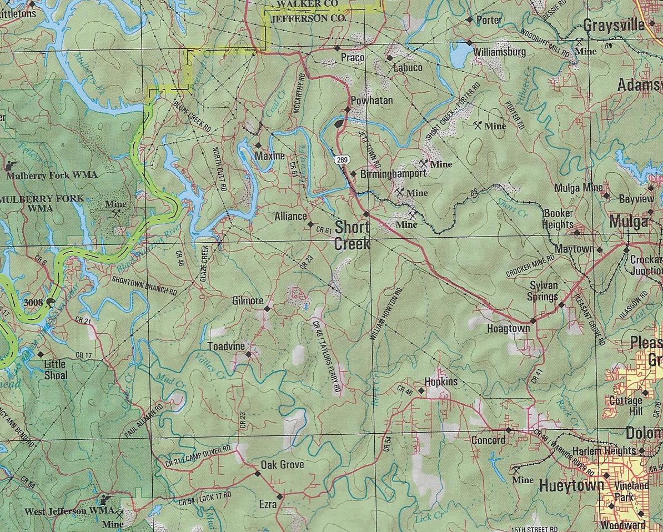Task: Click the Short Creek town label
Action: (351, 235)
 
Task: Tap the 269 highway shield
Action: (343, 160)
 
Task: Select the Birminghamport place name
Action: (393, 173)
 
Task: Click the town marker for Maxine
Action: (258, 145)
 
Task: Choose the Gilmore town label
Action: (247, 300)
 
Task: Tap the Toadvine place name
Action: (225, 347)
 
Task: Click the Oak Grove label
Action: (282, 464)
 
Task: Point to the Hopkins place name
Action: (440, 382)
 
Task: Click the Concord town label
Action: (488, 440)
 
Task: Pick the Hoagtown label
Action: (508, 328)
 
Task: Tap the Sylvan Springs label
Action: (542, 291)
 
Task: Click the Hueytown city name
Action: (571, 486)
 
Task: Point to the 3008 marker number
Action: (34, 302)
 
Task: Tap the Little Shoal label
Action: (55, 369)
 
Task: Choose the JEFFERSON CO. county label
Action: (308, 18)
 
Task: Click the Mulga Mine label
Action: (578, 188)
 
